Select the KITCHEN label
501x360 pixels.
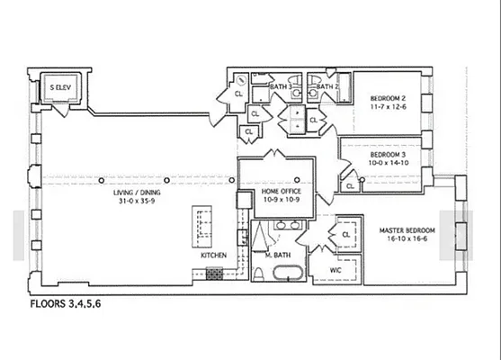pyautogui.click(x=214, y=256)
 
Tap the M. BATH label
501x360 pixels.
pyautogui.click(x=280, y=256)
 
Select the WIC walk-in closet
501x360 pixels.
pyautogui.click(x=335, y=269)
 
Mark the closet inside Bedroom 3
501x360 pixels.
pyautogui.click(x=349, y=185)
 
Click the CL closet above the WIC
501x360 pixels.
pyautogui.click(x=345, y=235)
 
